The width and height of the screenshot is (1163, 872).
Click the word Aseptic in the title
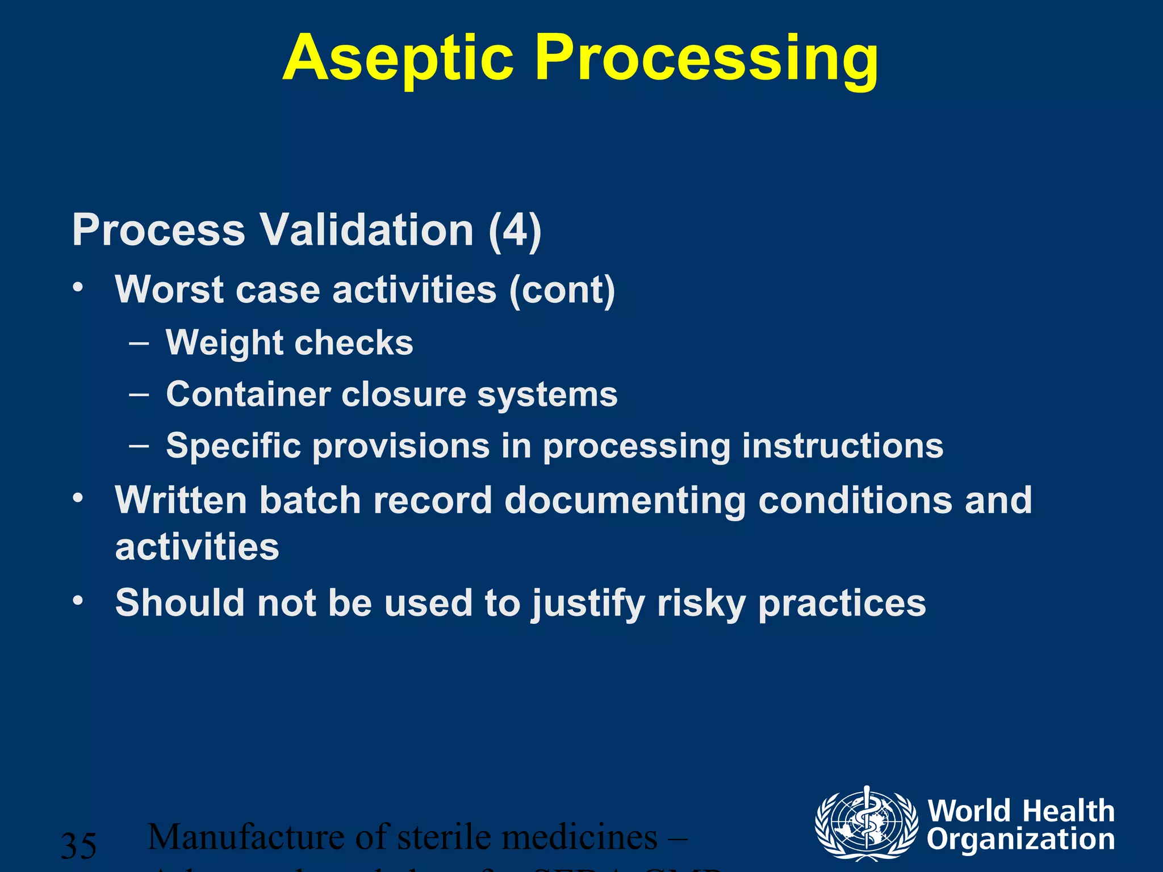coord(398,59)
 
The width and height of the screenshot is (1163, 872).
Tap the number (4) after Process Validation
coord(514,230)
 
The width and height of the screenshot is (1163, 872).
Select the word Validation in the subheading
coord(366,230)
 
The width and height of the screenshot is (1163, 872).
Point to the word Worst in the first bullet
coord(169,290)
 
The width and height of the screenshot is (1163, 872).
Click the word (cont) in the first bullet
coord(562,290)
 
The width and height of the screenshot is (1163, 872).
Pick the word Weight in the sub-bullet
coord(224,343)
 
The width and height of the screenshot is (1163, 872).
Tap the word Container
coord(248,394)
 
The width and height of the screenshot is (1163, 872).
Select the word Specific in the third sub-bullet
coord(233,446)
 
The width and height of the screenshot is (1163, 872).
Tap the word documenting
coord(625,501)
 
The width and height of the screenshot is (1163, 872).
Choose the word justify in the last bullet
coord(588,603)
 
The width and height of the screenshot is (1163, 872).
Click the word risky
coord(701,603)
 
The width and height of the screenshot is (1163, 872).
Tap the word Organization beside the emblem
coord(1020,840)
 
